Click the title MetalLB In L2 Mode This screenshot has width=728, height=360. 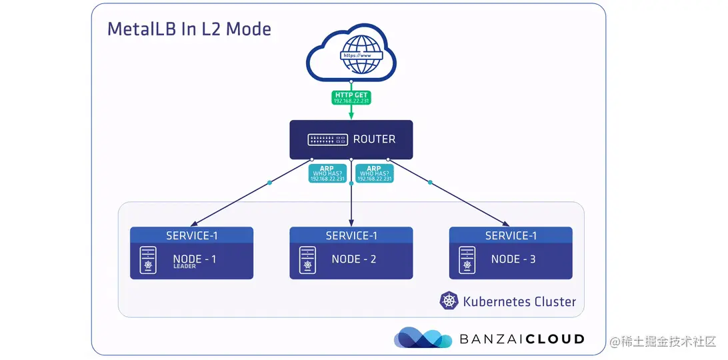pyautogui.click(x=189, y=29)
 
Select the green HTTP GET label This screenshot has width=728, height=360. pyautogui.click(x=351, y=97)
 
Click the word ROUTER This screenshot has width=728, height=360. pyautogui.click(x=374, y=139)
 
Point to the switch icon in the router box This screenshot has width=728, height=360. pyautogui.click(x=327, y=139)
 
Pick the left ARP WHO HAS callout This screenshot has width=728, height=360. pyautogui.click(x=327, y=173)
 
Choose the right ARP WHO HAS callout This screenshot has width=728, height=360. pyautogui.click(x=374, y=173)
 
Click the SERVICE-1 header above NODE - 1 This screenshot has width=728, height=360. pyautogui.click(x=191, y=235)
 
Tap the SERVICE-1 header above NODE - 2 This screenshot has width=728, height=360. pyautogui.click(x=351, y=235)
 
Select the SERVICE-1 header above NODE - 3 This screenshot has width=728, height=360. pyautogui.click(x=511, y=235)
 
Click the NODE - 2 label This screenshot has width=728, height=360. pyautogui.click(x=354, y=259)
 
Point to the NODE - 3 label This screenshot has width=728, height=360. pyautogui.click(x=513, y=259)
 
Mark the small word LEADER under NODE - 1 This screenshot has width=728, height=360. pyautogui.click(x=185, y=267)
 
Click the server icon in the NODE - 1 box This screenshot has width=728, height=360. pyautogui.click(x=148, y=261)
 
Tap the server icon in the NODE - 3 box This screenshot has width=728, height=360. pyautogui.click(x=467, y=261)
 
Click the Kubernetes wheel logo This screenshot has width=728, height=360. pyautogui.click(x=449, y=301)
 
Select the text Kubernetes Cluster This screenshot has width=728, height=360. pyautogui.click(x=519, y=301)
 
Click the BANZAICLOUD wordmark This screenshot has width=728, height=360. pyautogui.click(x=521, y=339)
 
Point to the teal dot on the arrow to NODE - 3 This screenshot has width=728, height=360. pyautogui.click(x=431, y=182)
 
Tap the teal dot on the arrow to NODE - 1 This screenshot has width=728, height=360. pyautogui.click(x=269, y=182)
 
